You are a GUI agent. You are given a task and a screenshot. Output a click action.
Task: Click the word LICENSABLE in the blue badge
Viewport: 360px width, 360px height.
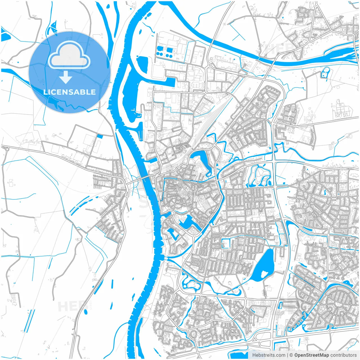click(x=69, y=92)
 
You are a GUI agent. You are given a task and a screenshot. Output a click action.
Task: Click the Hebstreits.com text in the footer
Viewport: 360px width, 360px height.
click(x=269, y=355)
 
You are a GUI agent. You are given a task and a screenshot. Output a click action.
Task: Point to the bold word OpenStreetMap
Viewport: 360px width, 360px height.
click(x=311, y=355)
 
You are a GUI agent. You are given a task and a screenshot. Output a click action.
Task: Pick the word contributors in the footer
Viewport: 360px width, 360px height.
click(x=343, y=355)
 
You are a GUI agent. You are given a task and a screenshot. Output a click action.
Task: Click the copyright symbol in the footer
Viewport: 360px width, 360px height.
click(x=291, y=355)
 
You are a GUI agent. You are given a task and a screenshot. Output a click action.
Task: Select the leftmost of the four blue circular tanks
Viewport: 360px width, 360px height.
click(x=158, y=53)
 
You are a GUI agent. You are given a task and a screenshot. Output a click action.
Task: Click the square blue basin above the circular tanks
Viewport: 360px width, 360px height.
click(x=170, y=50)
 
